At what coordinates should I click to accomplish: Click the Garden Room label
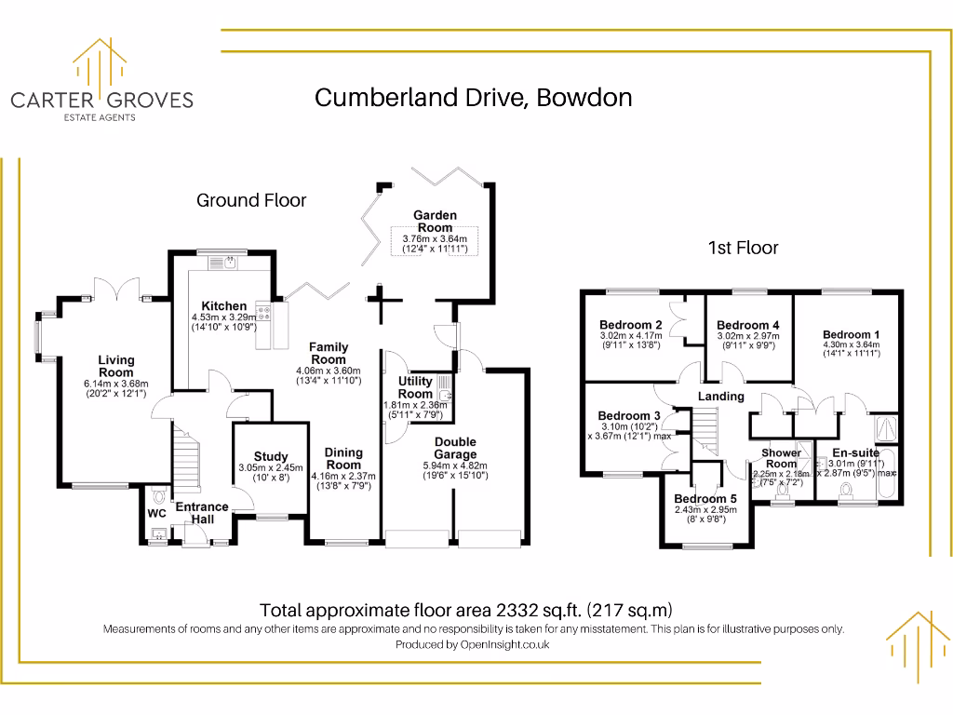coord(435,222)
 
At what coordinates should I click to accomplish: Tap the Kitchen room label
coord(224,305)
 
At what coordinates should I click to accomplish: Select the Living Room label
coord(116,366)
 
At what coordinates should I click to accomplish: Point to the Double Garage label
coord(455,448)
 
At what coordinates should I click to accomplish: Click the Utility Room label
coord(415,387)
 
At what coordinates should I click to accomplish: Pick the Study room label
coord(270,456)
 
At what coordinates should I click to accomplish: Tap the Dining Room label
coord(343,459)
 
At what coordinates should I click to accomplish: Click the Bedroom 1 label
coord(851,334)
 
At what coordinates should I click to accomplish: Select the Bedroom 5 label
coord(705,499)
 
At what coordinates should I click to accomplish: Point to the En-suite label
coord(855,453)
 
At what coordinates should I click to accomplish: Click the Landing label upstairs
coord(721,396)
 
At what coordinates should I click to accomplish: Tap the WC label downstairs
coord(156,513)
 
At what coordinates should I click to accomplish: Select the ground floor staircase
coord(186,465)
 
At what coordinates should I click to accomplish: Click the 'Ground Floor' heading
coord(251,200)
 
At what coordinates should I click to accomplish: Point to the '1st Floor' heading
coord(743,248)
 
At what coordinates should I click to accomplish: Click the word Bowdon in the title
coord(589,98)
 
